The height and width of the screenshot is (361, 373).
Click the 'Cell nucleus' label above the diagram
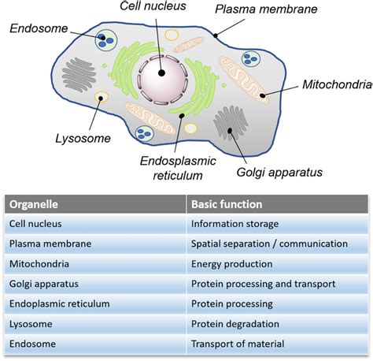(154, 7)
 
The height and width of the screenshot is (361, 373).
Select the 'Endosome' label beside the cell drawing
(38, 28)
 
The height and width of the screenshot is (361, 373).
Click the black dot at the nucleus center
(161, 73)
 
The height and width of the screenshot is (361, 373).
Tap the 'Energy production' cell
(232, 264)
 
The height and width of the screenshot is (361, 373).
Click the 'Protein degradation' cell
(235, 324)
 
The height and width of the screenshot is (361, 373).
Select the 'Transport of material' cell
(238, 344)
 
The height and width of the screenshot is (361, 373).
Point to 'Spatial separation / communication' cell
(268, 244)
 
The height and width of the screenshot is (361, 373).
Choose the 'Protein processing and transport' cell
(263, 284)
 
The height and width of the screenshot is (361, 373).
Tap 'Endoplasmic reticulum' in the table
(58, 303)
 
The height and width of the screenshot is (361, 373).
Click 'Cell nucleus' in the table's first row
(36, 224)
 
